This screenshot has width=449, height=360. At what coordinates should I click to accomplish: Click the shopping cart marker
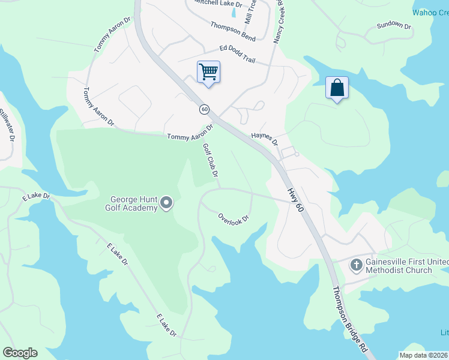tap(208, 73)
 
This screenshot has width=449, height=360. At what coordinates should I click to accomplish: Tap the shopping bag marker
tap(337, 88)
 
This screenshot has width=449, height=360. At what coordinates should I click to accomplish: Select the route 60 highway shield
tap(205, 109)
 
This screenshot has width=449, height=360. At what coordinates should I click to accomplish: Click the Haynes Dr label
tap(265, 139)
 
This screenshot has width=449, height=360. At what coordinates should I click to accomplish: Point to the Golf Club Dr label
tap(209, 160)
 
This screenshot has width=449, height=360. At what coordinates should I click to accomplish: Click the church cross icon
tap(356, 264)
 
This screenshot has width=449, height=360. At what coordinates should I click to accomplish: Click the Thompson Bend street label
tap(233, 31)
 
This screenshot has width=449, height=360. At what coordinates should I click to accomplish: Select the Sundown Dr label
tap(393, 26)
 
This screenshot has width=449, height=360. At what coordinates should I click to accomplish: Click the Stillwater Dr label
tap(7, 124)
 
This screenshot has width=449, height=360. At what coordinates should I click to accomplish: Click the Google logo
tap(20, 353)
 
